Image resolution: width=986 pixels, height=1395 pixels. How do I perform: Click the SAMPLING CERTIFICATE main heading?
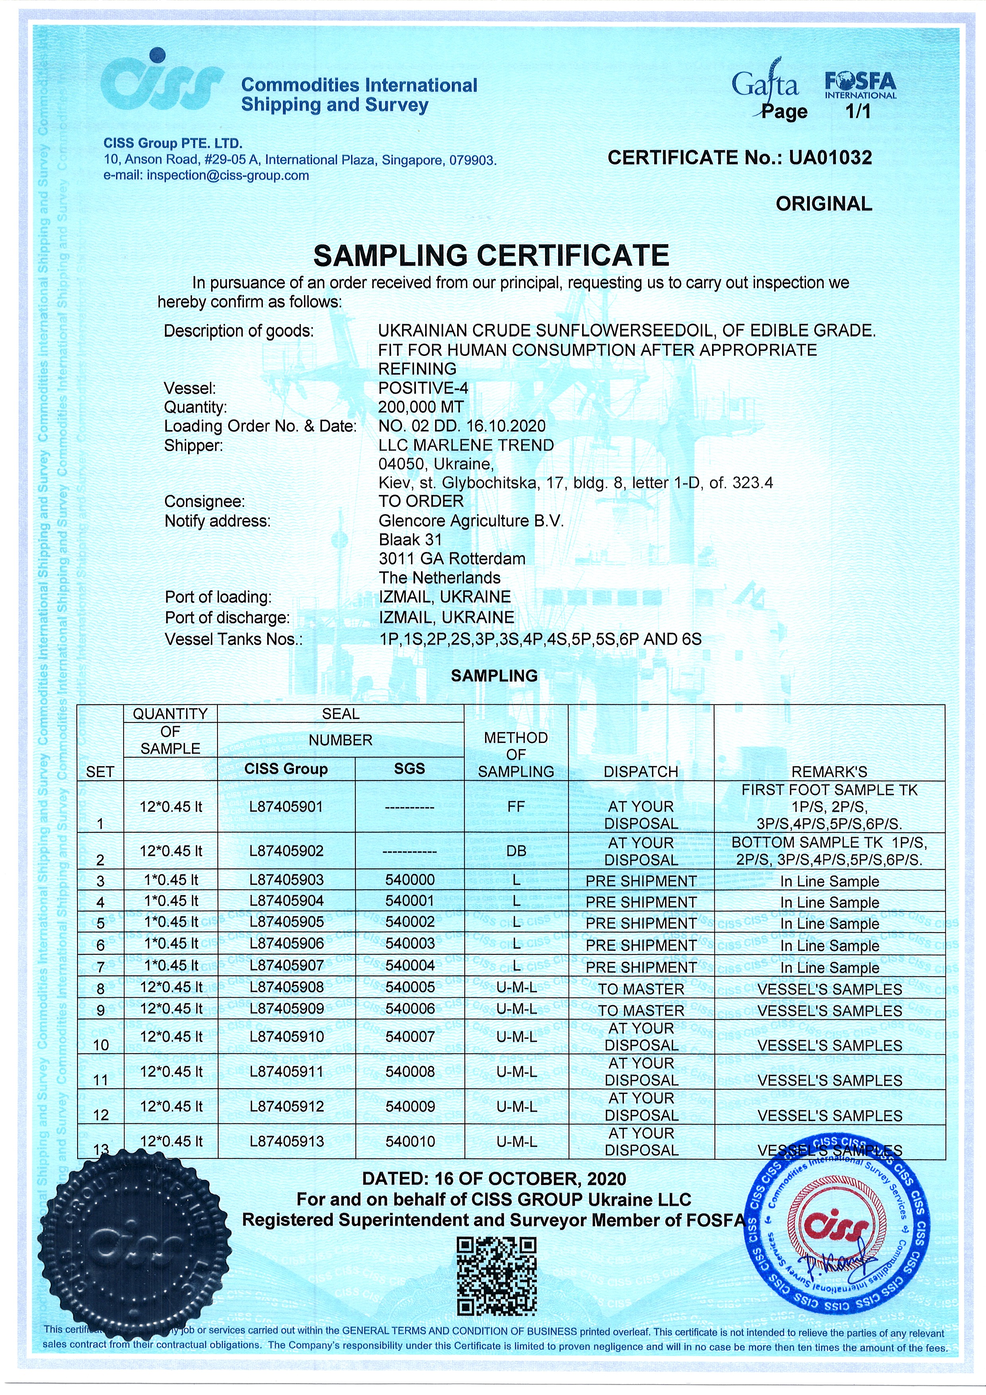pos(491,255)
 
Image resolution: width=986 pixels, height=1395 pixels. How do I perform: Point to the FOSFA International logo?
pos(860,85)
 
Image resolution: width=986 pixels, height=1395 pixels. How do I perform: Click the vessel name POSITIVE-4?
pos(423,388)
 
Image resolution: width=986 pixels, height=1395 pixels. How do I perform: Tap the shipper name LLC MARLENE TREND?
pos(466,445)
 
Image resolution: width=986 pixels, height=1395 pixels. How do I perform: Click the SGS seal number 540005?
pos(410,987)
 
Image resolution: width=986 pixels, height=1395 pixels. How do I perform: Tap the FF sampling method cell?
pos(516,807)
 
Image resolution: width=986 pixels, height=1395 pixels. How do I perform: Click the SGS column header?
pos(410,769)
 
